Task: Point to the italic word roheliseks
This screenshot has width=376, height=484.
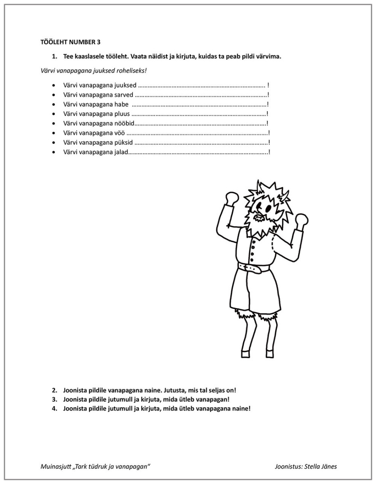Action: [x=132, y=71]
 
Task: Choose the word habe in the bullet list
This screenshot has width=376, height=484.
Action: [x=121, y=104]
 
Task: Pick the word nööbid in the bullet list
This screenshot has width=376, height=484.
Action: [x=124, y=123]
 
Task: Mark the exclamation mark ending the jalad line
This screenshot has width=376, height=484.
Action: [x=269, y=152]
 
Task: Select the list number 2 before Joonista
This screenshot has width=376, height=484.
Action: [x=54, y=390]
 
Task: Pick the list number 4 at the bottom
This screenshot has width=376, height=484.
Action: [x=54, y=409]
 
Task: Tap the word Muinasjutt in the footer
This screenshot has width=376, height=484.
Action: [x=55, y=467]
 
